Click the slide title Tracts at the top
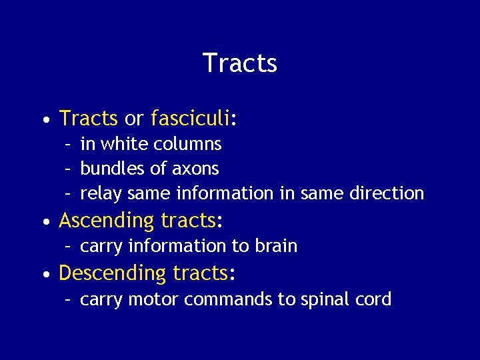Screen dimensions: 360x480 coord(239,63)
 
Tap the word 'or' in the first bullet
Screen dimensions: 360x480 coord(134,119)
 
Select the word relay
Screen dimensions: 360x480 coord(101,194)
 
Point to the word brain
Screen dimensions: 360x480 coord(275,246)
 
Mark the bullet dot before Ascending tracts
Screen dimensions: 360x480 coord(44,221)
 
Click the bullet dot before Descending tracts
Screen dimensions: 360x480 coord(44,274)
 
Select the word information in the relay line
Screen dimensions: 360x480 coord(224,193)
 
